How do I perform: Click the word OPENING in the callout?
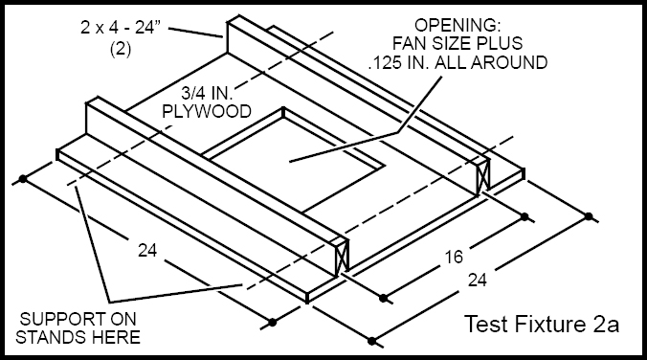[457, 26]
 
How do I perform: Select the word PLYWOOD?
[207, 111]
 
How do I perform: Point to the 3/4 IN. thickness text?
[207, 94]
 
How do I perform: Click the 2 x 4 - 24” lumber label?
[120, 28]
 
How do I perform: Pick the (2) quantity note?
[121, 50]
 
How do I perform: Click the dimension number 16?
[454, 258]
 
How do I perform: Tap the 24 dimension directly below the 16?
[477, 281]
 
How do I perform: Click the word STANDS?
[52, 337]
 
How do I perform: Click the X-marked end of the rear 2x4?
[482, 176]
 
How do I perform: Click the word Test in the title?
[485, 324]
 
